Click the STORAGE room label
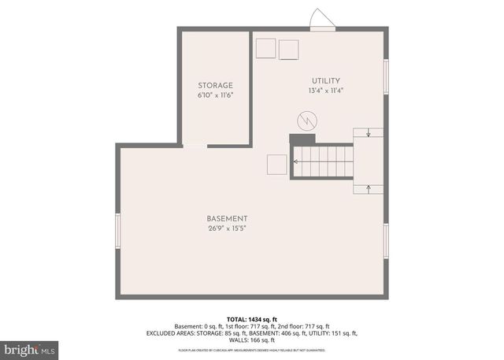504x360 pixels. point(215,85)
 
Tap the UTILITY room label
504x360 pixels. point(324,80)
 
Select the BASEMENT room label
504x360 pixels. point(227,218)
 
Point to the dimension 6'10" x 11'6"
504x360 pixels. point(215,95)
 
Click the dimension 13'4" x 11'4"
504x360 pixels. point(324,90)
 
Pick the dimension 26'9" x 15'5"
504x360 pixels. point(227,228)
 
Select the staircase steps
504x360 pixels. point(324,161)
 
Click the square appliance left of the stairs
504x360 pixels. point(276,164)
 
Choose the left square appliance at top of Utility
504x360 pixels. point(265,48)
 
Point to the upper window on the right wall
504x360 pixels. point(386,77)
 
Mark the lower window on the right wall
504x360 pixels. point(386,241)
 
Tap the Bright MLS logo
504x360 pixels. point(29,347)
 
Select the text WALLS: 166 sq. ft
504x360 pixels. point(251,340)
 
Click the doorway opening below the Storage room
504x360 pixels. point(195,146)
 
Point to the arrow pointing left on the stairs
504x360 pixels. point(298,161)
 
